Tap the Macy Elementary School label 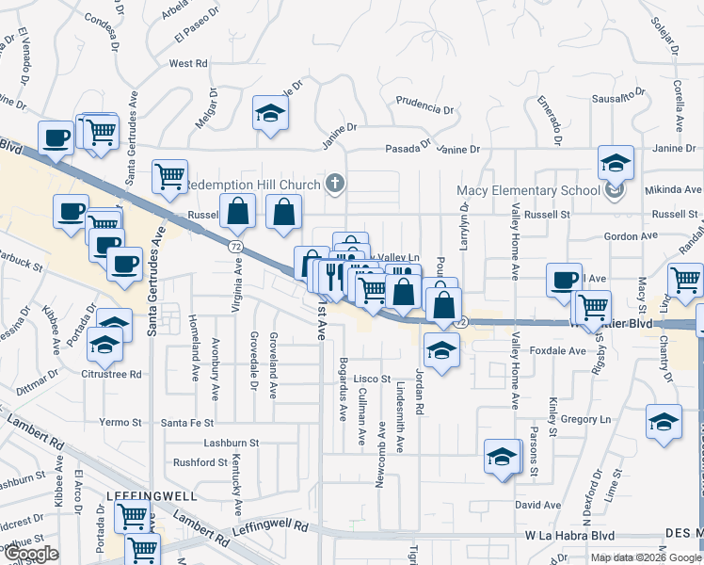point(528,190)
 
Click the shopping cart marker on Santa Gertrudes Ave point(169,174)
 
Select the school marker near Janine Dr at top point(271,115)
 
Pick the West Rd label point(187,64)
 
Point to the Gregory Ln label point(585,419)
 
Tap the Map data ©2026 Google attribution point(646,557)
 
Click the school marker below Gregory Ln point(502,458)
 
